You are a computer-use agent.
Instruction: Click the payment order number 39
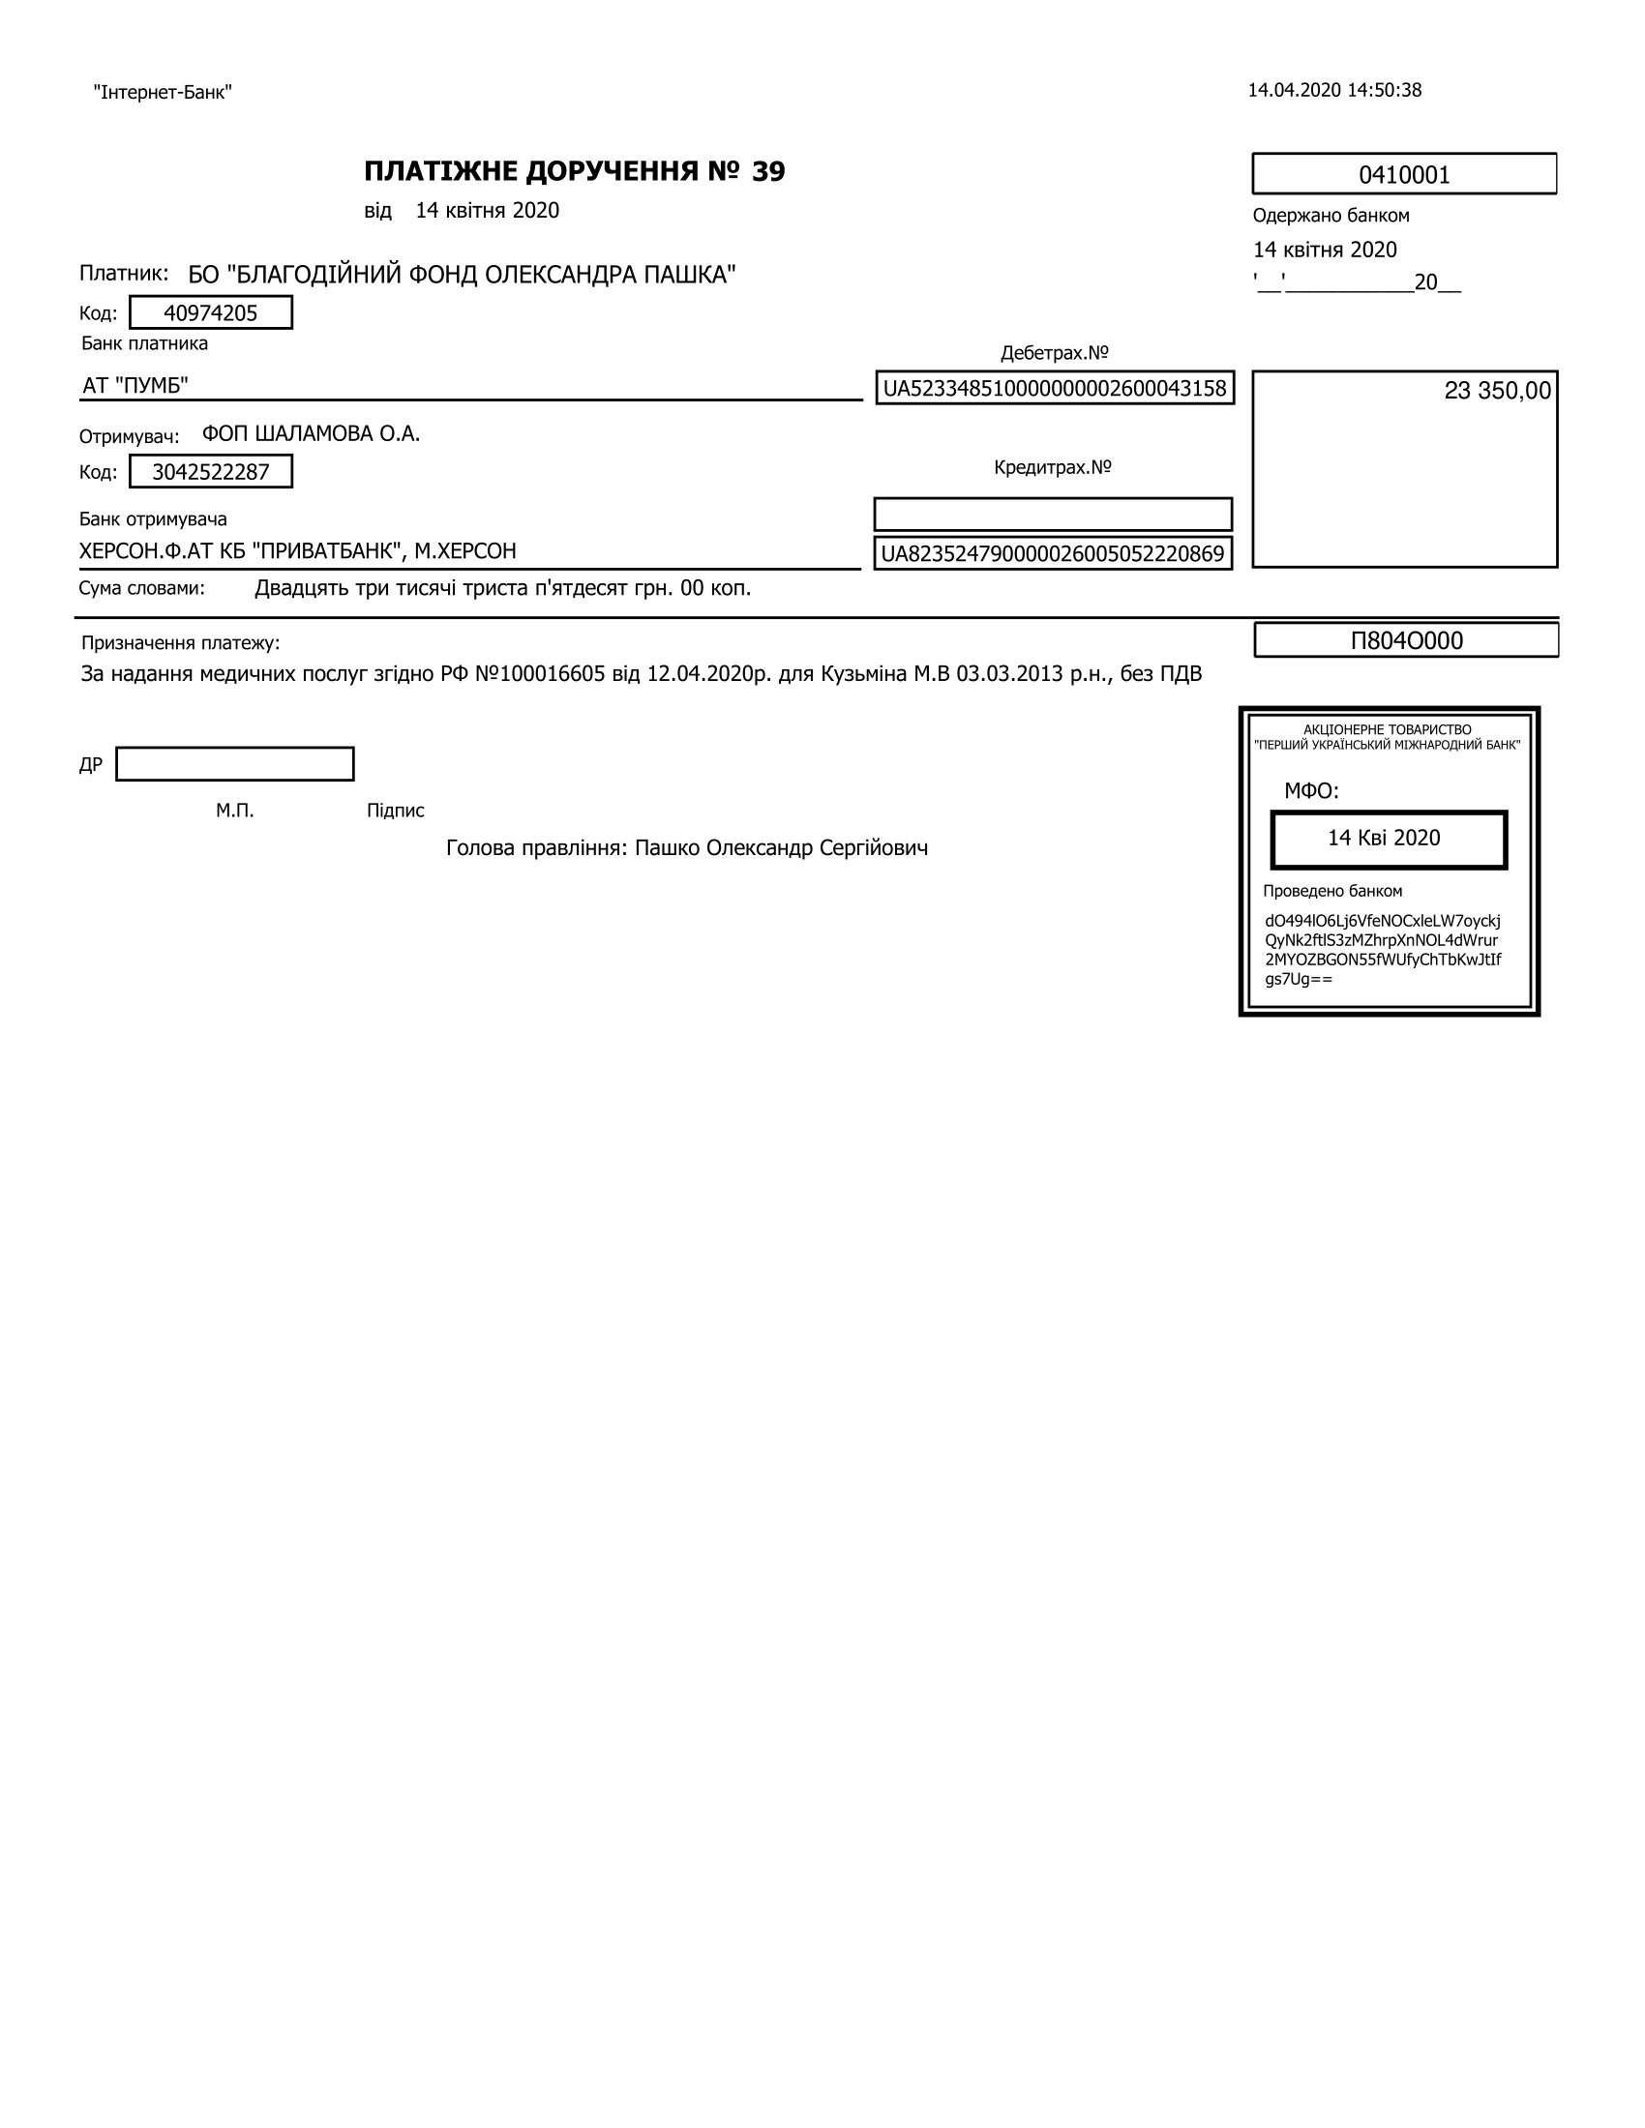coord(768,171)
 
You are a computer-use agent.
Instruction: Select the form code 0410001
coord(1403,174)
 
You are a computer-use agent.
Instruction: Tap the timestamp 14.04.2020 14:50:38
coord(1334,91)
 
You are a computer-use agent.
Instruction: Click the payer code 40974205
coord(211,312)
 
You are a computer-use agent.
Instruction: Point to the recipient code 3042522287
coord(211,473)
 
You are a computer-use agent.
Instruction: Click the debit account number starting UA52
coord(1055,389)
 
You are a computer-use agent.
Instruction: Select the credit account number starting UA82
coord(1053,554)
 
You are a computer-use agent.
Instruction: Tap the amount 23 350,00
coord(1497,391)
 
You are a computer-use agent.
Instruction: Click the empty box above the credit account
coord(1053,515)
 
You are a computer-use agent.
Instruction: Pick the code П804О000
coord(1405,640)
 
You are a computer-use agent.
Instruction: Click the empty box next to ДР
coord(235,764)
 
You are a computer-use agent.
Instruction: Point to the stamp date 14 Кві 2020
coord(1384,838)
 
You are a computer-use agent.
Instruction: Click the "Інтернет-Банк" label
coord(163,93)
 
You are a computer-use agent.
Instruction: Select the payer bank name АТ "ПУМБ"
coord(135,386)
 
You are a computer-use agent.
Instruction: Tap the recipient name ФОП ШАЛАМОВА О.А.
coord(311,433)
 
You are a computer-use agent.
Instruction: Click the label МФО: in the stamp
coord(1311,791)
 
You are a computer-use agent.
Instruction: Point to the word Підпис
coord(396,811)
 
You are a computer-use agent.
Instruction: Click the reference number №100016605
coord(540,674)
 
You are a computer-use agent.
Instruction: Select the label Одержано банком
coord(1331,216)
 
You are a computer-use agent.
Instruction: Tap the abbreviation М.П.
coord(235,811)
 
